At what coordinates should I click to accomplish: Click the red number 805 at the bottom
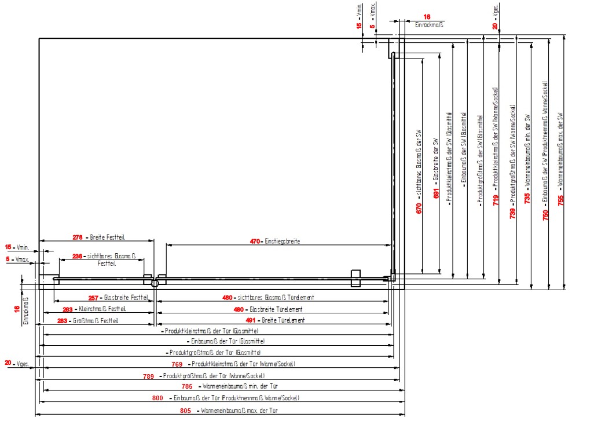pyautogui.click(x=186, y=410)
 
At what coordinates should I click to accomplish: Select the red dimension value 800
pyautogui.click(x=158, y=399)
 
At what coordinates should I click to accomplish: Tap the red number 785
pyautogui.click(x=186, y=386)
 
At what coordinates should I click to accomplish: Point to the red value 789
pyautogui.click(x=148, y=377)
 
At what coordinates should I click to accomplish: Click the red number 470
pyautogui.click(x=255, y=241)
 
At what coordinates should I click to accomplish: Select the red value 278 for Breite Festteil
pyautogui.click(x=78, y=237)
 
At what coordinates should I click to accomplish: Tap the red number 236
pyautogui.click(x=78, y=255)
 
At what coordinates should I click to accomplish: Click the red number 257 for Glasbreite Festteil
pyautogui.click(x=94, y=297)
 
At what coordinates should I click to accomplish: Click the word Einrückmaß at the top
pyautogui.click(x=430, y=25)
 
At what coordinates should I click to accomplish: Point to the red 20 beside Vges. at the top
pyautogui.click(x=494, y=26)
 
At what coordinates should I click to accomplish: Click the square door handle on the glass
pyautogui.click(x=355, y=277)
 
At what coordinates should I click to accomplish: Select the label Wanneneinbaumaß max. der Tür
pyautogui.click(x=239, y=410)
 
